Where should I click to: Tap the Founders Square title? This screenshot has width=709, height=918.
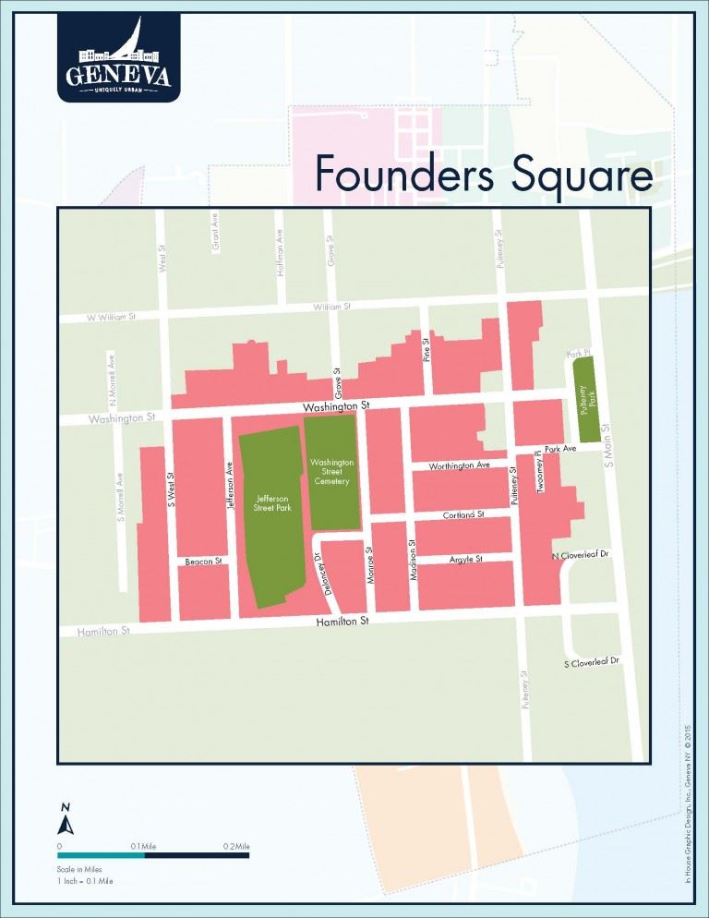coord(483,173)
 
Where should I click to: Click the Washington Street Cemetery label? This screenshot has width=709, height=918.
coord(330,471)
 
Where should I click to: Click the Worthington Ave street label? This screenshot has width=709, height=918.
coord(458,465)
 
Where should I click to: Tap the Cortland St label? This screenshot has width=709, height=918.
coord(463,513)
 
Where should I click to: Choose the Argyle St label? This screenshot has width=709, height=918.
coord(466,559)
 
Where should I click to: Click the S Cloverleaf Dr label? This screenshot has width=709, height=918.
coord(591,663)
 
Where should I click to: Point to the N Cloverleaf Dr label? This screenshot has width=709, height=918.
coord(582,556)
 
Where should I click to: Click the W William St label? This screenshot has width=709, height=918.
coord(111,317)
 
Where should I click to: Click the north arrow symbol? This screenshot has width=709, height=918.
coord(65,819)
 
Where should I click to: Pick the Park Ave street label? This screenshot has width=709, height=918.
coord(560,449)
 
